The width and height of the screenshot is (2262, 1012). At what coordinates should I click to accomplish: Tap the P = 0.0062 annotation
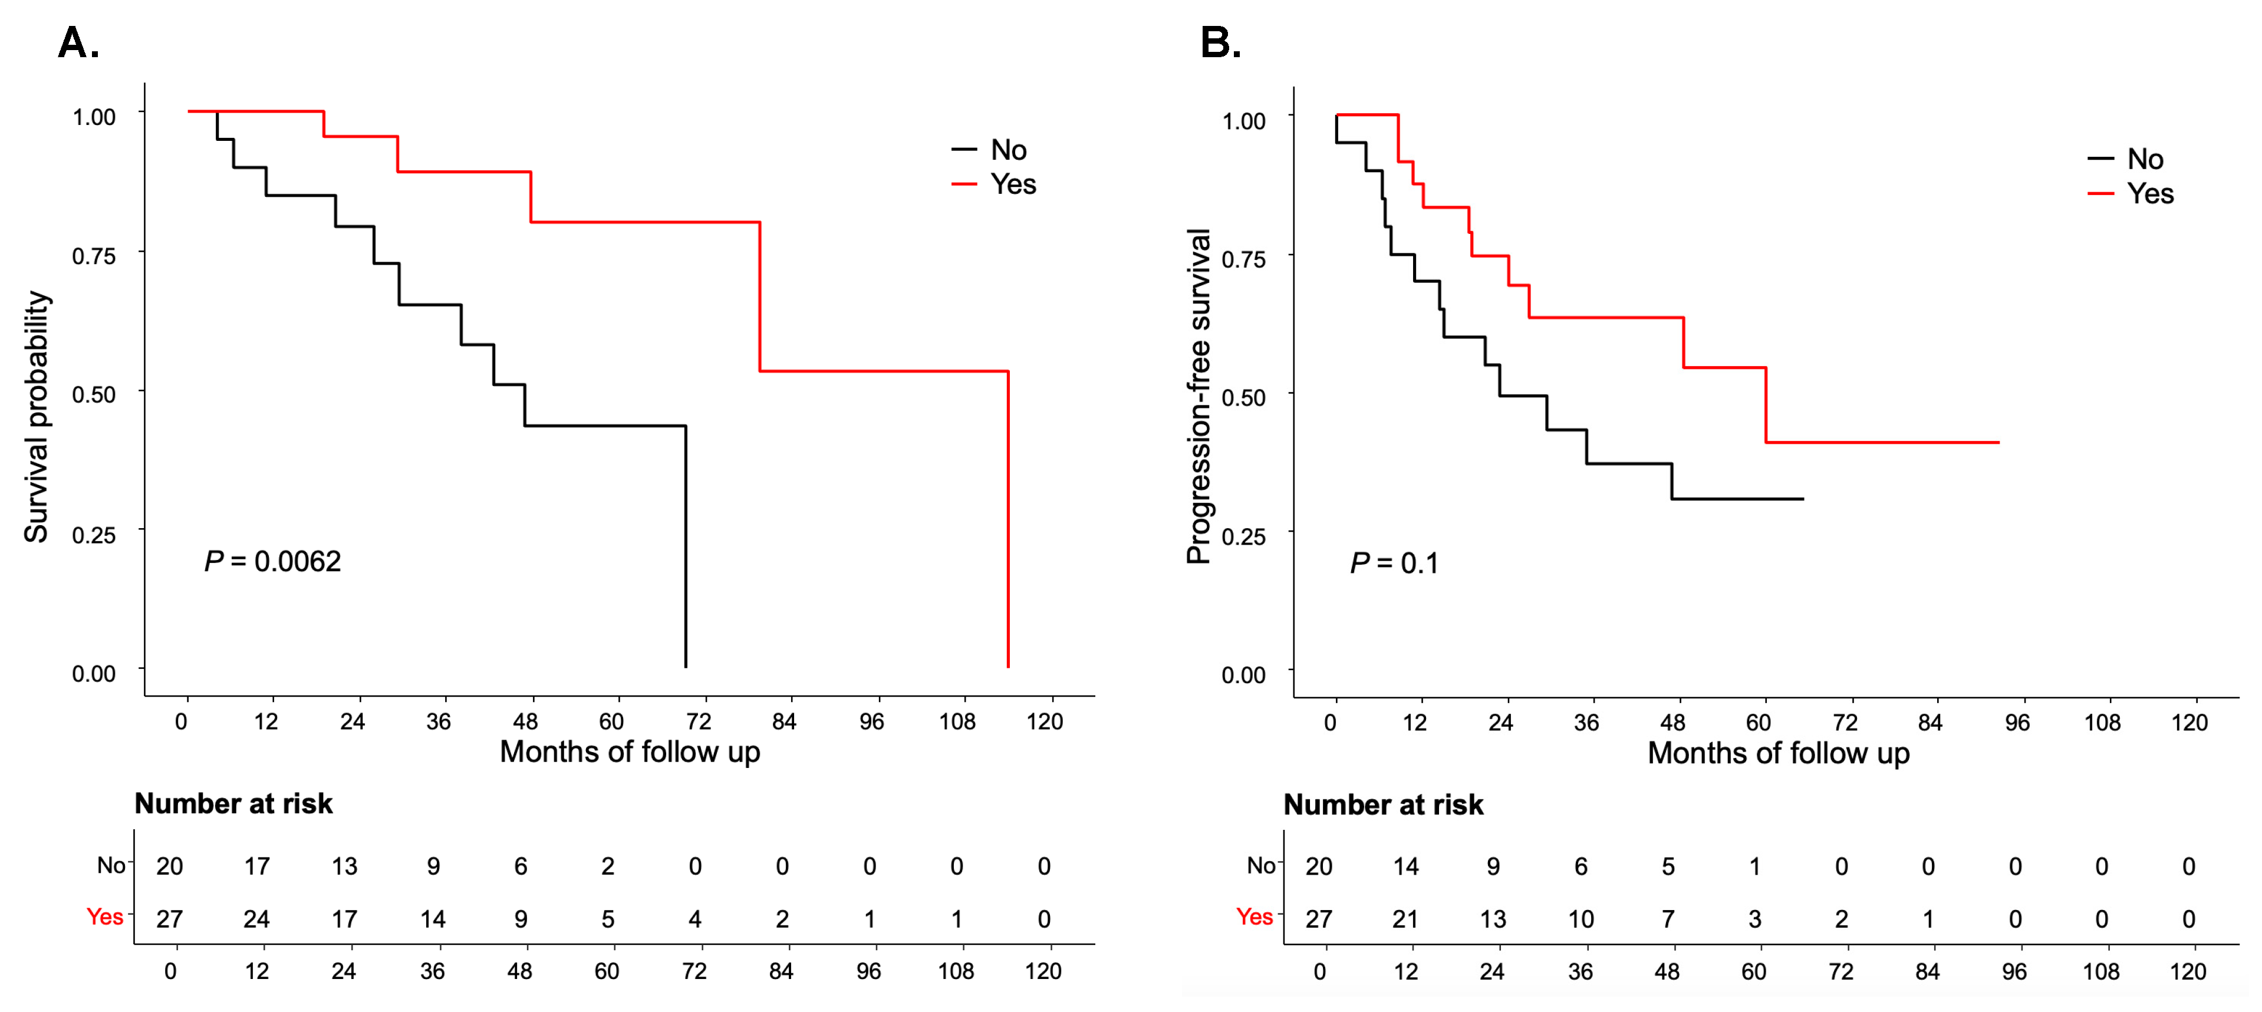(x=272, y=561)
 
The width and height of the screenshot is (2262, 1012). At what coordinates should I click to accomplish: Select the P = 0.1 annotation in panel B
(x=1394, y=563)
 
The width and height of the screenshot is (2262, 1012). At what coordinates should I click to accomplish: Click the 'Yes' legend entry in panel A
(x=1012, y=184)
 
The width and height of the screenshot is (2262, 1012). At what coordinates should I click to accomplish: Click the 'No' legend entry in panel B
(x=2144, y=159)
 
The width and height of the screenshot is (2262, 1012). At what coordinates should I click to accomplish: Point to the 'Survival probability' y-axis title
(x=37, y=417)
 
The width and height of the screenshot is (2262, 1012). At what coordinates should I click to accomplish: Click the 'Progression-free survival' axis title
(x=1199, y=395)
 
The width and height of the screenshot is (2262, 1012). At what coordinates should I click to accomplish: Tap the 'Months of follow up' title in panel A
(x=630, y=751)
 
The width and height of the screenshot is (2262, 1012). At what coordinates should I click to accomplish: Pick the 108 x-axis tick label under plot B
(x=2101, y=723)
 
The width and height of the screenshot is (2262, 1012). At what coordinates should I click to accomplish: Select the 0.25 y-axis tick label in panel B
(x=1243, y=535)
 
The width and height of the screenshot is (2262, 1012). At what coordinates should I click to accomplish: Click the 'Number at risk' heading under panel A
(x=233, y=803)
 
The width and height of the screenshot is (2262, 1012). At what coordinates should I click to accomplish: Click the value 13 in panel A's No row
(x=344, y=866)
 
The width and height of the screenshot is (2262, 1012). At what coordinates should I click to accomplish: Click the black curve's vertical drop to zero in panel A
(x=685, y=544)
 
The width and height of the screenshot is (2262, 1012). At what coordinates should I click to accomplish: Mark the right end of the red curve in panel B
(x=1998, y=443)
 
